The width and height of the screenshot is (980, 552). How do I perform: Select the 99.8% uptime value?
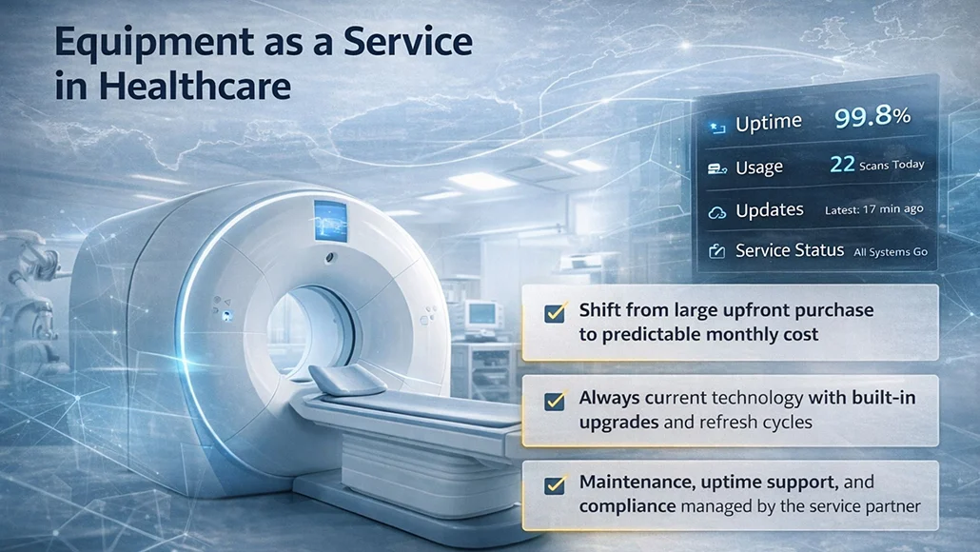pos(872,117)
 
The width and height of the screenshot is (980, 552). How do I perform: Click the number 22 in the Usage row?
pos(842,164)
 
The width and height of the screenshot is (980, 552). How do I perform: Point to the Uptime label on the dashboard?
pos(769,123)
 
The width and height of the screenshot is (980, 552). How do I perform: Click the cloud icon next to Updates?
pos(717,211)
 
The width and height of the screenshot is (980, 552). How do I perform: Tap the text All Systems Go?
pos(891,252)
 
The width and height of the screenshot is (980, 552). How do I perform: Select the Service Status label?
pos(790,250)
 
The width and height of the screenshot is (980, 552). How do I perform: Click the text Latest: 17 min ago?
pos(874,209)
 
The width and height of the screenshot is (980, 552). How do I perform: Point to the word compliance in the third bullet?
pos(627,506)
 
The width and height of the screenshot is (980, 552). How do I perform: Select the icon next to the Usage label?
pos(717,168)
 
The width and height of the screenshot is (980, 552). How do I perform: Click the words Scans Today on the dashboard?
pos(892,165)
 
